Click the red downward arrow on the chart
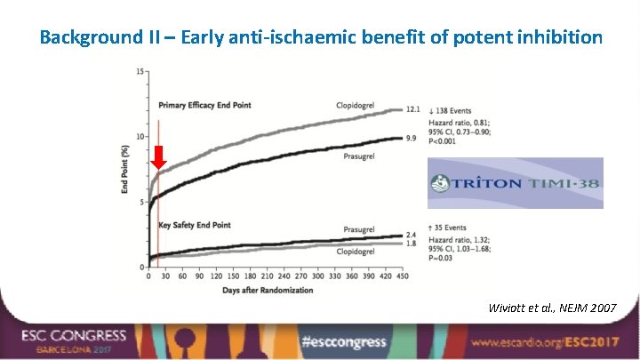(159, 157)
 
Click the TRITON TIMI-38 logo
(515, 183)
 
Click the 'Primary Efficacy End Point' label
(204, 106)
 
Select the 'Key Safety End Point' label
(194, 225)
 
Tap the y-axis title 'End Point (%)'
(126, 170)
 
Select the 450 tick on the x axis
(402, 276)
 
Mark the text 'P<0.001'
(449, 140)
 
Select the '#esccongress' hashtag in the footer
(343, 341)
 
